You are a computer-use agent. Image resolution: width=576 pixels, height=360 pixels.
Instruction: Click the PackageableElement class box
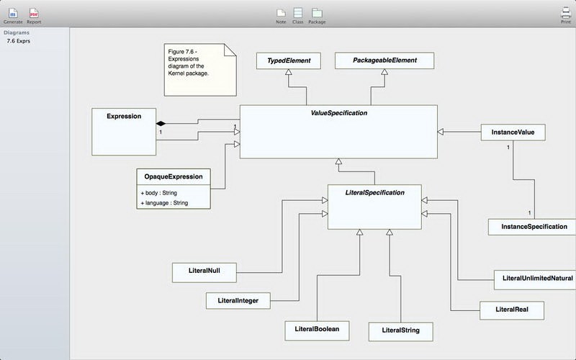click(x=384, y=61)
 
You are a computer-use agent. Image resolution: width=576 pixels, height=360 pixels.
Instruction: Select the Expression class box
click(x=124, y=130)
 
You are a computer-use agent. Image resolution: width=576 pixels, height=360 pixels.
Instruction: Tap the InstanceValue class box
click(x=513, y=132)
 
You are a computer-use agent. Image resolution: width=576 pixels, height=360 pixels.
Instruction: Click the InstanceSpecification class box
click(x=528, y=226)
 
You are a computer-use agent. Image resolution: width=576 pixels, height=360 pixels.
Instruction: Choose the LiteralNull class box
click(x=204, y=272)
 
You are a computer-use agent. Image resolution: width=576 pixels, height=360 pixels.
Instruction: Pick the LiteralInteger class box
click(x=228, y=299)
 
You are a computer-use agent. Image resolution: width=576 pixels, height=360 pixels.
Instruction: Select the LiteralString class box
click(x=400, y=331)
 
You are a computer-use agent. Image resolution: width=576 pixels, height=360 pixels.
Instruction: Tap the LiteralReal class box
click(x=512, y=310)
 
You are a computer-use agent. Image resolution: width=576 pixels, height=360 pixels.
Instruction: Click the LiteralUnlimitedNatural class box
click(x=534, y=278)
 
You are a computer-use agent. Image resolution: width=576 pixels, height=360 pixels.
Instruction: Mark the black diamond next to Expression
click(x=161, y=124)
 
